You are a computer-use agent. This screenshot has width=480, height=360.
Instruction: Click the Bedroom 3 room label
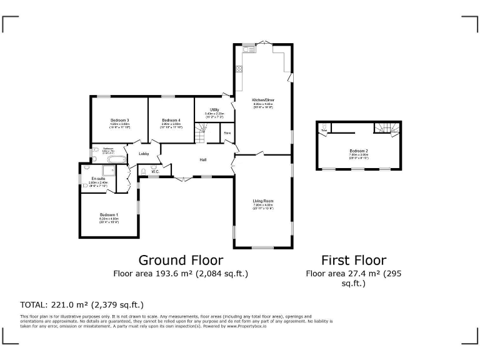coord(119,120)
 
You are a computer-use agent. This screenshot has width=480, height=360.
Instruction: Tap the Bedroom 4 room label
coord(171,120)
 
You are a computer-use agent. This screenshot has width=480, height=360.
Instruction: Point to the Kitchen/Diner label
coord(263,100)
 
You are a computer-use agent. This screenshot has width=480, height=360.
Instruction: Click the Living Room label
coord(263,201)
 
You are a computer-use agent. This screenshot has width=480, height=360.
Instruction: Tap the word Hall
coord(203,160)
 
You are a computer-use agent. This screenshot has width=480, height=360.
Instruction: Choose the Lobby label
coord(144,154)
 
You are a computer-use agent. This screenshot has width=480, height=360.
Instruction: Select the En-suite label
coord(97,178)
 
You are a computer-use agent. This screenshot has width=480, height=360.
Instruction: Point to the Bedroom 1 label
coord(109,214)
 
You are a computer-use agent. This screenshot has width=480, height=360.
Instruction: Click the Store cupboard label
coord(227,133)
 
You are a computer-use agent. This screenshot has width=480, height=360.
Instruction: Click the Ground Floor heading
coord(180,260)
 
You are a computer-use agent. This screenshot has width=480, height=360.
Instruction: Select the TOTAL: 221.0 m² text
coord(82,305)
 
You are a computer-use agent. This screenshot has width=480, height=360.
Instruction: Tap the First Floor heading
coord(353,260)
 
